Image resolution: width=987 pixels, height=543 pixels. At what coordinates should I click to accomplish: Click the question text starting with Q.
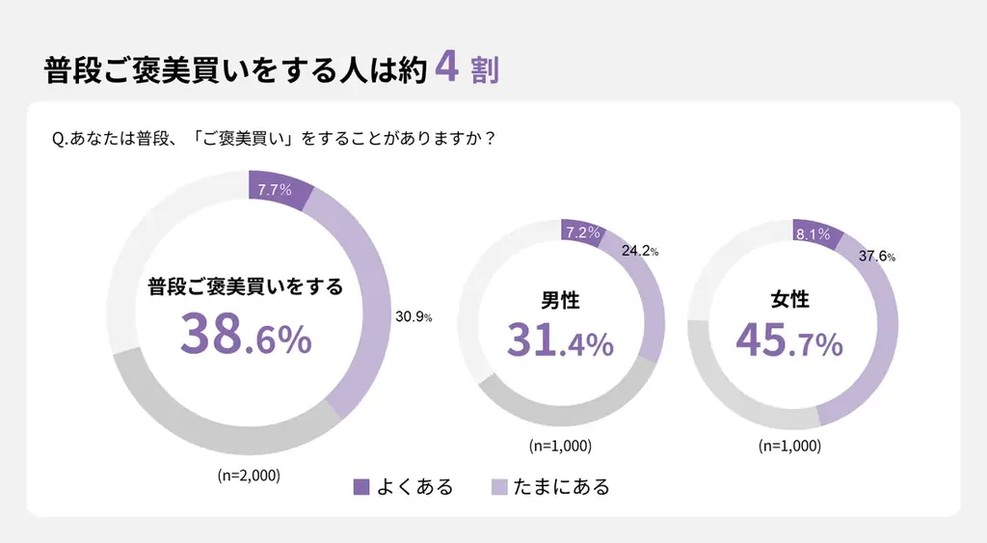[275, 139]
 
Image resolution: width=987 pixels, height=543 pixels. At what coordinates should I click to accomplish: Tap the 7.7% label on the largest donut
[275, 189]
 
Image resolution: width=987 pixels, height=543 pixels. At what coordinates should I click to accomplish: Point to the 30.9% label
[413, 316]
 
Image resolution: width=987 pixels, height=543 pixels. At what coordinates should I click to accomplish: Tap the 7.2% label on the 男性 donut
[582, 232]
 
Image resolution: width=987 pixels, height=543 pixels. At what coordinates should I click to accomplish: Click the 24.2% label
[638, 251]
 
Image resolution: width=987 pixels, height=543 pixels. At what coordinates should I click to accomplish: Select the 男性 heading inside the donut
[560, 300]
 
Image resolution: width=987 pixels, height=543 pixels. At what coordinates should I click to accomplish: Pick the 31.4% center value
[560, 340]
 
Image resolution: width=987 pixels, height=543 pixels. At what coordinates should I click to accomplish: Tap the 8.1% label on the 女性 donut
[814, 234]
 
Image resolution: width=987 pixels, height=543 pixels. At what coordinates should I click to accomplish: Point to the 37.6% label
[876, 256]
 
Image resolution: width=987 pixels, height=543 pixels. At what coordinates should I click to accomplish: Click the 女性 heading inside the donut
[790, 300]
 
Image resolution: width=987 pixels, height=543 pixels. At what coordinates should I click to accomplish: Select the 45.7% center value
[789, 340]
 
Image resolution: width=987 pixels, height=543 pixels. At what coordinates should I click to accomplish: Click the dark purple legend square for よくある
[361, 487]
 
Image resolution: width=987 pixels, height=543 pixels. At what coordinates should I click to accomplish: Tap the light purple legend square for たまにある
[499, 487]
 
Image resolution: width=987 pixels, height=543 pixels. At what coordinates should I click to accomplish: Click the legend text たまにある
[562, 487]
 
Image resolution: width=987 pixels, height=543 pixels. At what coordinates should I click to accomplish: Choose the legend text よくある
[414, 487]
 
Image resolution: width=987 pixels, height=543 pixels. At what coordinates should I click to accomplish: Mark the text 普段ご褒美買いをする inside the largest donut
[246, 286]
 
